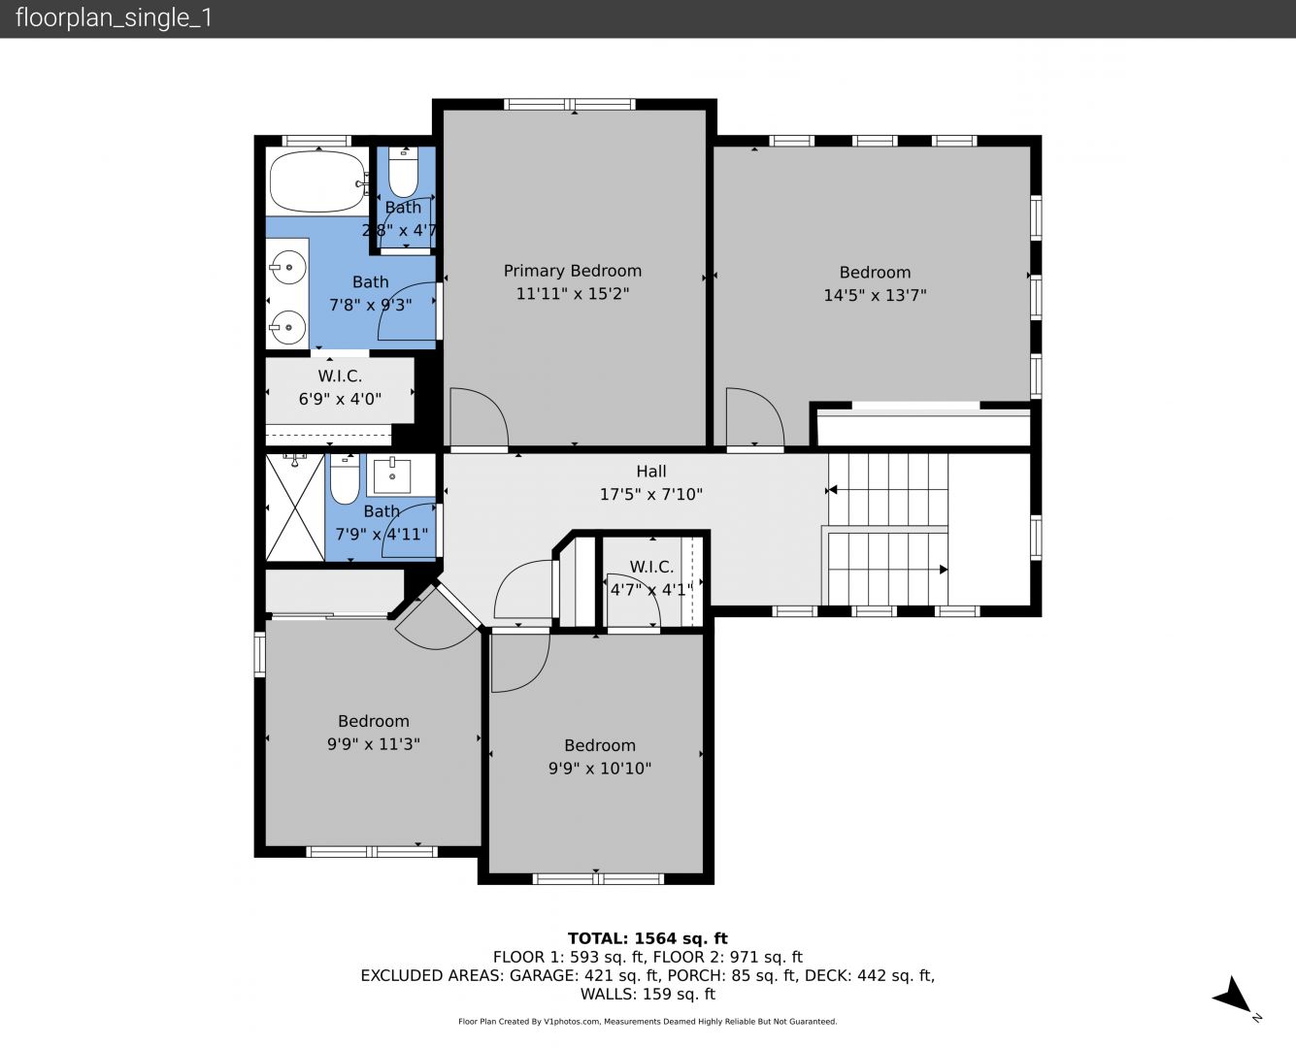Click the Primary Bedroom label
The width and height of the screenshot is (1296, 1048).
[x=572, y=271]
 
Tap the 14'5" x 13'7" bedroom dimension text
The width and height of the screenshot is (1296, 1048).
[x=875, y=295]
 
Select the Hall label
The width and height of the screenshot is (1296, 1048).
[x=651, y=471]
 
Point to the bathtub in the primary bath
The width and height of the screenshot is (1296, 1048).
[x=318, y=180]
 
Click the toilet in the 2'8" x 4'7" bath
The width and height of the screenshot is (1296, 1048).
[x=403, y=172]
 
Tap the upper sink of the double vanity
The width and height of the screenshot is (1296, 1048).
[x=287, y=268]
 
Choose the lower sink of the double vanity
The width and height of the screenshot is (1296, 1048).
[x=287, y=327]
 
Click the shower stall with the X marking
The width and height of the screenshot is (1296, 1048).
[x=295, y=507]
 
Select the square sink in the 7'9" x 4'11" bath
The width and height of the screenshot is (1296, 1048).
[x=392, y=475]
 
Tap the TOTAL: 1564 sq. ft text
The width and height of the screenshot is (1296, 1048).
[x=648, y=938]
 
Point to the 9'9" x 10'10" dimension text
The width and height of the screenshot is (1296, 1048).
[x=600, y=769]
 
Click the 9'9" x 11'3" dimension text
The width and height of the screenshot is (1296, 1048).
[x=374, y=744]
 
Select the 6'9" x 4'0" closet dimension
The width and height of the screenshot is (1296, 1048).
[x=340, y=399]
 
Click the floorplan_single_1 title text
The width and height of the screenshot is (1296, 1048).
[x=114, y=17]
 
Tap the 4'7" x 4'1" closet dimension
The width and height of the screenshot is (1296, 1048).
[x=651, y=589]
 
